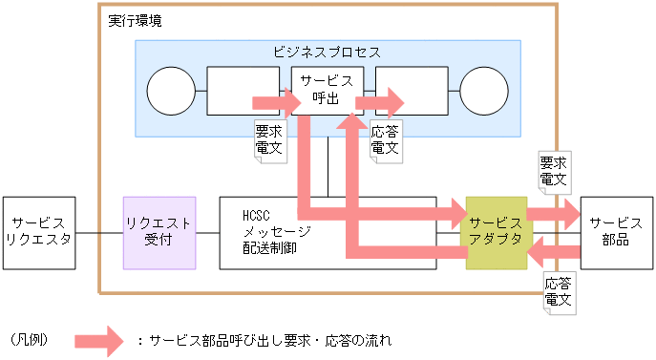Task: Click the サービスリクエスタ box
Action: (x=38, y=232)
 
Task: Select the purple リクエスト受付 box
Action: (x=159, y=232)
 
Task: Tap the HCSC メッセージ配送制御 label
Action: (x=277, y=231)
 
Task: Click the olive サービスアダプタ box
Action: (x=496, y=232)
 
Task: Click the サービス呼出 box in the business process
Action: (x=327, y=90)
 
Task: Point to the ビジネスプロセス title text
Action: (x=327, y=51)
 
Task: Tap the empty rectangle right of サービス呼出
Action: (x=412, y=91)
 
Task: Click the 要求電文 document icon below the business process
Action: (x=268, y=139)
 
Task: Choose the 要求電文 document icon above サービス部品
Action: (x=554, y=170)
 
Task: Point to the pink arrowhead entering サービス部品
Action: (x=569, y=216)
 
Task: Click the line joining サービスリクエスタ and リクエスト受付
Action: (x=98, y=232)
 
